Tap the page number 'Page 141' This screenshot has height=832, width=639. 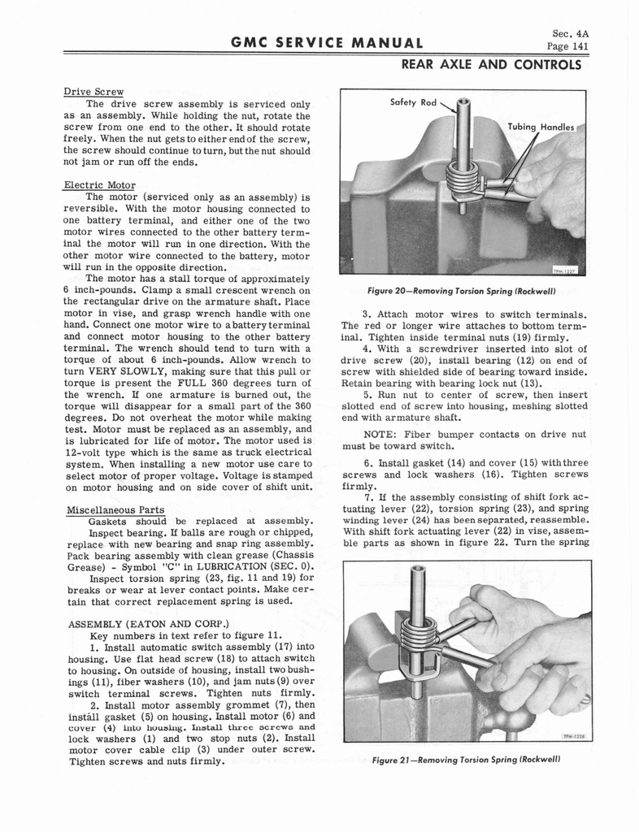click(x=568, y=46)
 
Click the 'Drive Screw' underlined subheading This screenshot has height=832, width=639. click(x=93, y=91)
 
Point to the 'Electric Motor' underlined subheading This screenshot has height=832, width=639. click(x=99, y=184)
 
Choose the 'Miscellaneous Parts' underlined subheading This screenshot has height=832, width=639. click(x=115, y=509)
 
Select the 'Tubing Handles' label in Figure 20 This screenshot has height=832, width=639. click(x=540, y=127)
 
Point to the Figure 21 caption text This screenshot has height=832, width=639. click(x=467, y=760)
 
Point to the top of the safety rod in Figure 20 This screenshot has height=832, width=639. click(x=463, y=103)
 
